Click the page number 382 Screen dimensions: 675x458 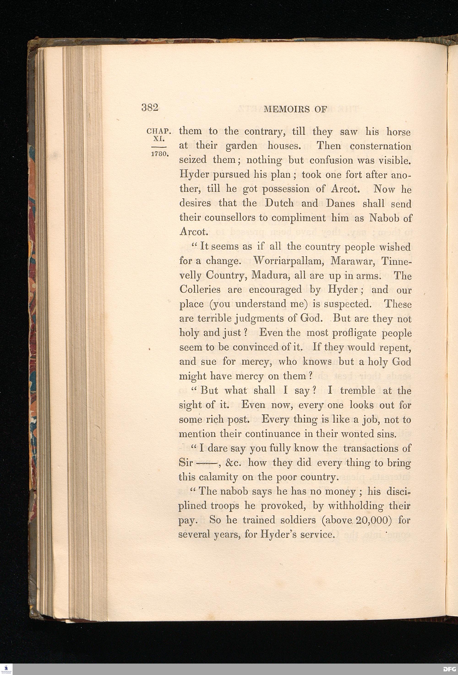150,108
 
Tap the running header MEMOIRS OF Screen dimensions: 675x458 296,109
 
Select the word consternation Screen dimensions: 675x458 380,146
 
